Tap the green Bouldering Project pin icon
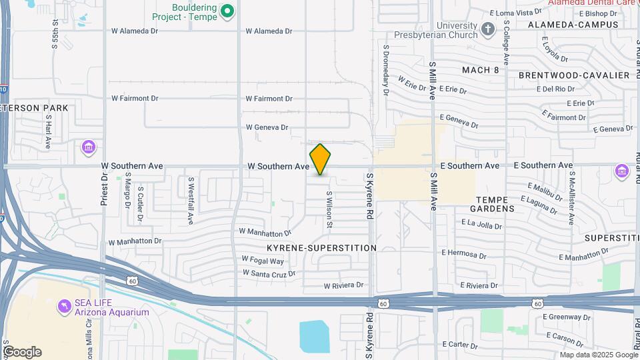(227, 11)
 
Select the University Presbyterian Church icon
(488, 29)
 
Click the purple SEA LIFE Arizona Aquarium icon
(65, 305)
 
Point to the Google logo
(22, 352)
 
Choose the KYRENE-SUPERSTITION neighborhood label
(322, 247)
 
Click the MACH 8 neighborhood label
(480, 70)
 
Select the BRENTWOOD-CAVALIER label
(574, 75)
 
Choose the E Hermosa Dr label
(464, 253)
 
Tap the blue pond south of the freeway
(314, 337)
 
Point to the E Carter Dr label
(464, 344)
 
